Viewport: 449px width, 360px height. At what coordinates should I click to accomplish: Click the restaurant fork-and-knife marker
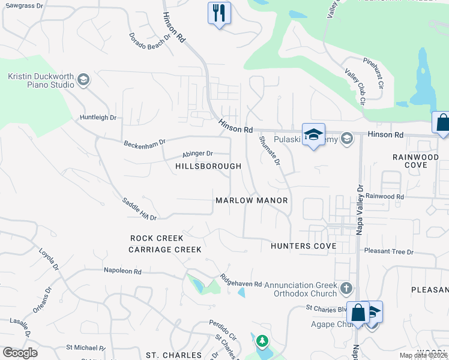click(219, 12)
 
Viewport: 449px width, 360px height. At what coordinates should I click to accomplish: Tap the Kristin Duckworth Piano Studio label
click(40, 80)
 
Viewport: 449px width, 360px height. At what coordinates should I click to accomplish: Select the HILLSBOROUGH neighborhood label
click(208, 166)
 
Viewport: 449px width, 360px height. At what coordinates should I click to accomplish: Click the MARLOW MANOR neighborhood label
click(252, 200)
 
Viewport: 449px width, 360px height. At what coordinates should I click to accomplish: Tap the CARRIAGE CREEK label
click(165, 249)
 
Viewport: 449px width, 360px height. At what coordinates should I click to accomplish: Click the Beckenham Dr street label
click(144, 145)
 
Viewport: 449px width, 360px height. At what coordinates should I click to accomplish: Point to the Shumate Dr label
click(270, 150)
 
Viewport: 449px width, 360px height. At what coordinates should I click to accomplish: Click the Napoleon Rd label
click(122, 271)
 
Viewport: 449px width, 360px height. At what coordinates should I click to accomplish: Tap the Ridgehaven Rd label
click(241, 280)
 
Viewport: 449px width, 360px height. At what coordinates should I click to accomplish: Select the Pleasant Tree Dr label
click(389, 252)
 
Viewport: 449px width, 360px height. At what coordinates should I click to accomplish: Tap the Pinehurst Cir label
click(373, 73)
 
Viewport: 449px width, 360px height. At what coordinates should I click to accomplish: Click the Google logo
click(20, 353)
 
